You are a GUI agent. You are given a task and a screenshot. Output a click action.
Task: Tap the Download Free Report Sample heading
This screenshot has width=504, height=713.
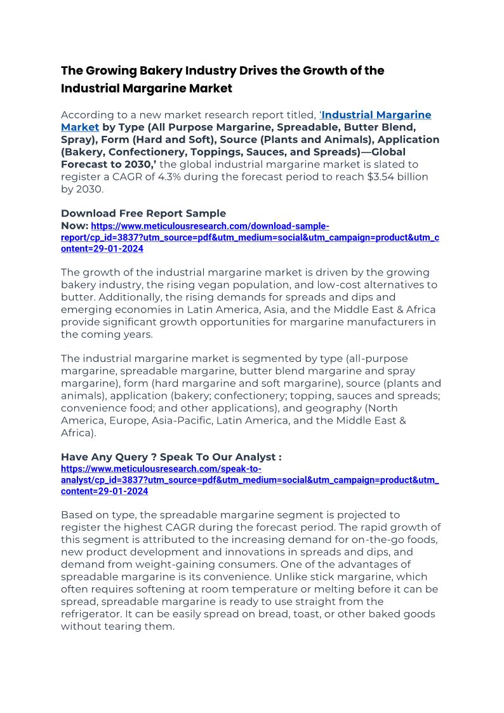click(143, 213)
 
